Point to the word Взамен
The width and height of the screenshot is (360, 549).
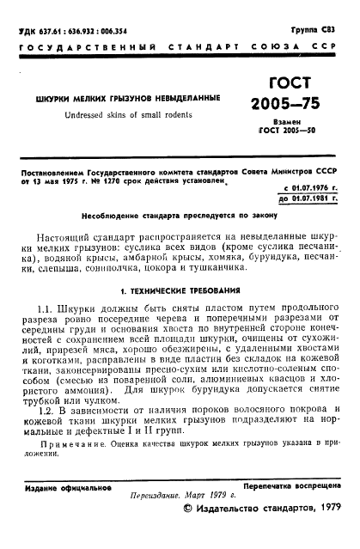click(x=297, y=124)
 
